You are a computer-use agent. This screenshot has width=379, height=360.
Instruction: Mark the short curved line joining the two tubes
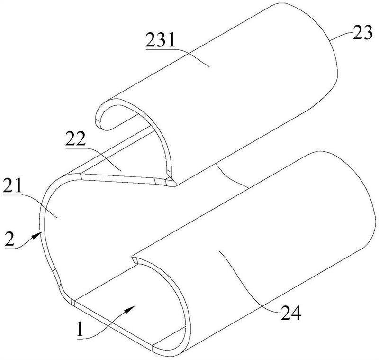(232, 176)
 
